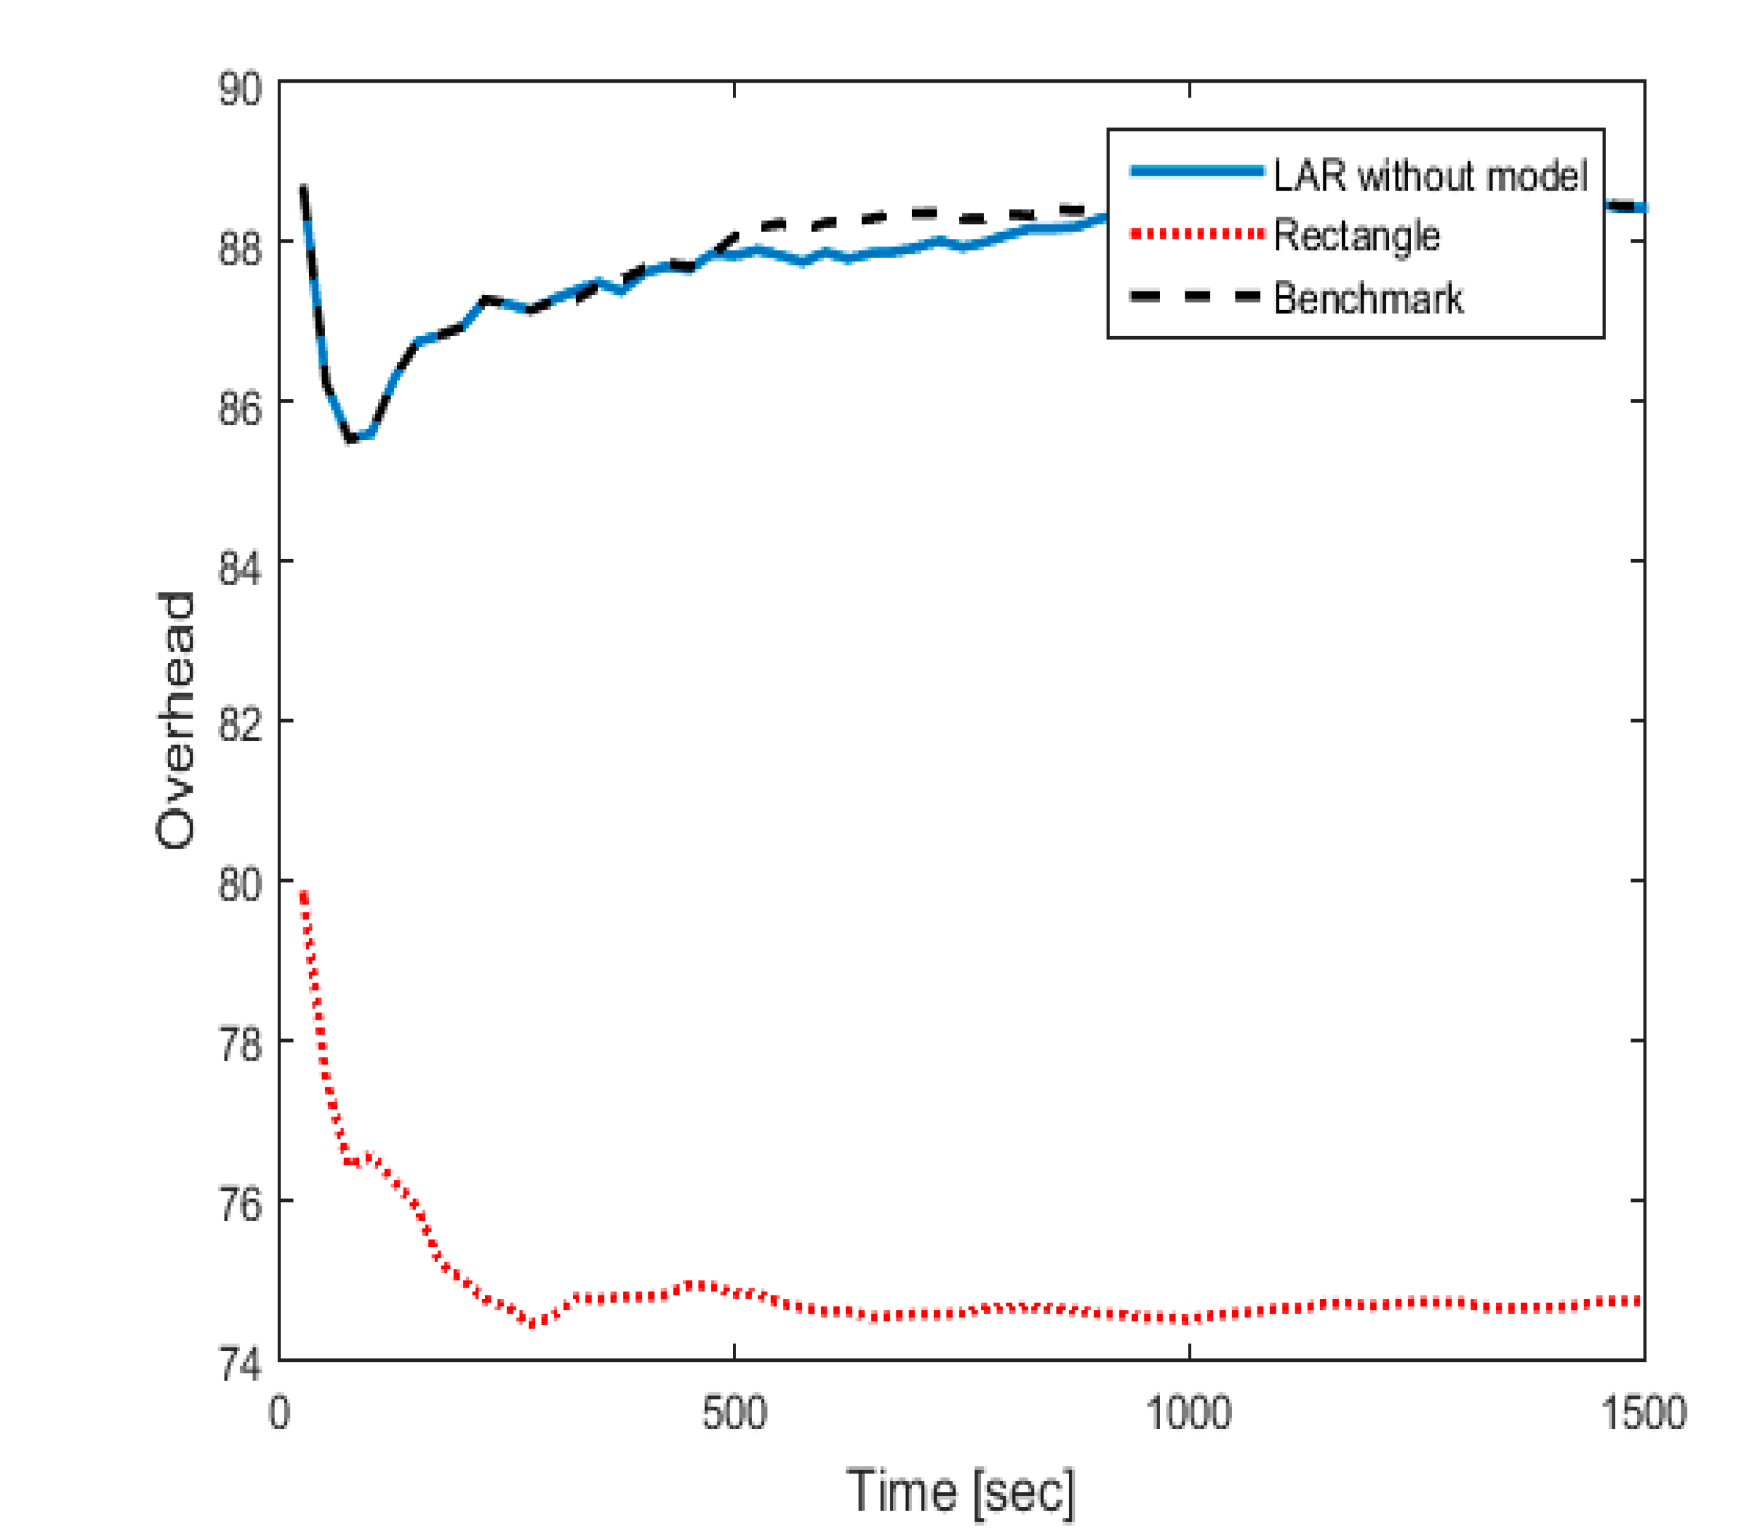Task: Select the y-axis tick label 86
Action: click(x=240, y=408)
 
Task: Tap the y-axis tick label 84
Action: click(x=240, y=568)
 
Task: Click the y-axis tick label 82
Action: click(x=240, y=727)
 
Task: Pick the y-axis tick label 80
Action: click(x=240, y=886)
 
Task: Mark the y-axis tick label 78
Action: click(x=240, y=1045)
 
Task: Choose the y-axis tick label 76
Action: click(x=240, y=1205)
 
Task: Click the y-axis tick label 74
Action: click(x=240, y=1364)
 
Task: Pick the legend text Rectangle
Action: click(x=1357, y=236)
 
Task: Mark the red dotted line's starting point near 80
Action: click(x=303, y=894)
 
